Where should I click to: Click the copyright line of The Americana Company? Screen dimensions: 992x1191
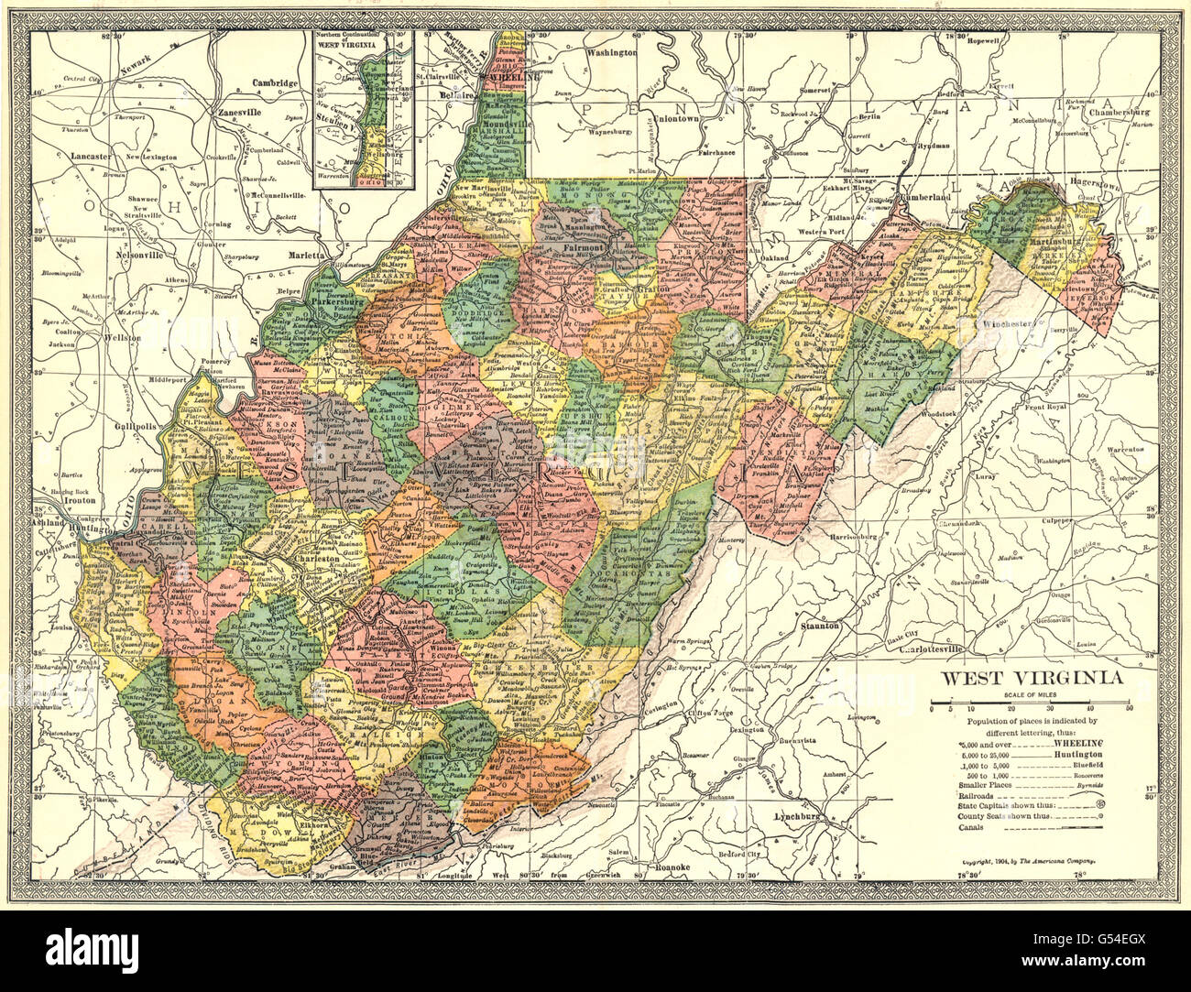1031,862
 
